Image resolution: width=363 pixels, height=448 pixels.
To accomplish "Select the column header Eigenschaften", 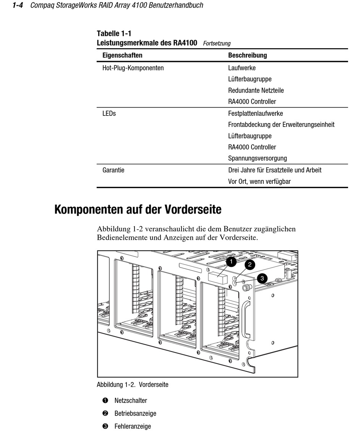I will point(122,55).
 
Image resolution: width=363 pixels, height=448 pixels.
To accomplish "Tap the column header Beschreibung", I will point(247,55).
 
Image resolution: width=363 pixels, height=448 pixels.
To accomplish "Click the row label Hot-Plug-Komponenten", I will point(133,68).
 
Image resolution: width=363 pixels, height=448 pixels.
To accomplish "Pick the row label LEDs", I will point(109,114).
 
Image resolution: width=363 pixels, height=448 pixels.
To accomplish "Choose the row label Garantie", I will point(113,170).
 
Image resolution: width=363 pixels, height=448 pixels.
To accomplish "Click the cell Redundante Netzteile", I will point(256,91).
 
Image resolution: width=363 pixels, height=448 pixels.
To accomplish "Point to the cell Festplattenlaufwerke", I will point(255,114).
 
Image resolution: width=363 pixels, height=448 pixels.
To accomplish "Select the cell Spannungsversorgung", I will point(257,158).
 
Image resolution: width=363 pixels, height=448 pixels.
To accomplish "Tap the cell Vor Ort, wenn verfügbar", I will point(259,182).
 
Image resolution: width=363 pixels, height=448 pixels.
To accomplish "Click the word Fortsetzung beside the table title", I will point(217,44).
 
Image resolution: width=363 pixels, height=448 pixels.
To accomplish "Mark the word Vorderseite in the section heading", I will point(193,210).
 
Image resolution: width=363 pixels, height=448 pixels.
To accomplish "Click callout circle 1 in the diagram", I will point(231,261).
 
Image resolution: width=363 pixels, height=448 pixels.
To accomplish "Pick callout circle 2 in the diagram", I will point(250,264).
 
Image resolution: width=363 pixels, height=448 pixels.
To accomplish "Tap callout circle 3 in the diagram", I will point(262,278).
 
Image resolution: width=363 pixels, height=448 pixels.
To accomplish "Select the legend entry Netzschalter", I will point(130,401).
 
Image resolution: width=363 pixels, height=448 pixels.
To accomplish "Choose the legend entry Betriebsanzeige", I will point(135,414).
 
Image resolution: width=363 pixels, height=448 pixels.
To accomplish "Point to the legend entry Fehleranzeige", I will point(132,426).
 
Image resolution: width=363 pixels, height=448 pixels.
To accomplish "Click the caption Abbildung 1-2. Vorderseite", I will point(132,385).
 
